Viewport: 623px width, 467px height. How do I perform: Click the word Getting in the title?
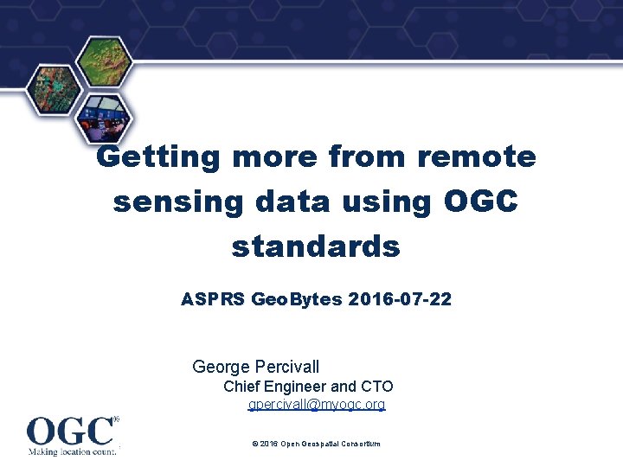pos(157,157)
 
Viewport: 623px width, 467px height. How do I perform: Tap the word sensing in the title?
pos(178,202)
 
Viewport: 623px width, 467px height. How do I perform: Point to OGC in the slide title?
pos(480,200)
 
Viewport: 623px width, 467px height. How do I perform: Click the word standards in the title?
pos(316,246)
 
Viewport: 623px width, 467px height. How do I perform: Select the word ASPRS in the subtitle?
pos(212,299)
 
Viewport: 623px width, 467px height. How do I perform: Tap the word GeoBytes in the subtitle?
pos(297,299)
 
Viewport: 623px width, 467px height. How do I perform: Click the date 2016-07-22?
pos(400,299)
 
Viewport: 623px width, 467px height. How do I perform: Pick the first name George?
pos(221,367)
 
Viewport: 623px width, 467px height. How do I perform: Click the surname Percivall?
pos(287,367)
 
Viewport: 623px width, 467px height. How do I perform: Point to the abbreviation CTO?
pos(377,386)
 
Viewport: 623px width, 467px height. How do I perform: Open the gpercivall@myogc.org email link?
pos(317,404)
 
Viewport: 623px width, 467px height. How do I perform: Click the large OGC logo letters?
pos(70,431)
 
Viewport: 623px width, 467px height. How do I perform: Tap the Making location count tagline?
pos(73,451)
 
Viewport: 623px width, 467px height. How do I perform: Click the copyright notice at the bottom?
pos(317,444)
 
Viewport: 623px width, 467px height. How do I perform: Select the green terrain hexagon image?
pos(104,61)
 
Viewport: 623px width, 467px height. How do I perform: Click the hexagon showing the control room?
pos(104,118)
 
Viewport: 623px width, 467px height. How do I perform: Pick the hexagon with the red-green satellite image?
pos(55,90)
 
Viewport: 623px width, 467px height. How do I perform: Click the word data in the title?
pos(292,201)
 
